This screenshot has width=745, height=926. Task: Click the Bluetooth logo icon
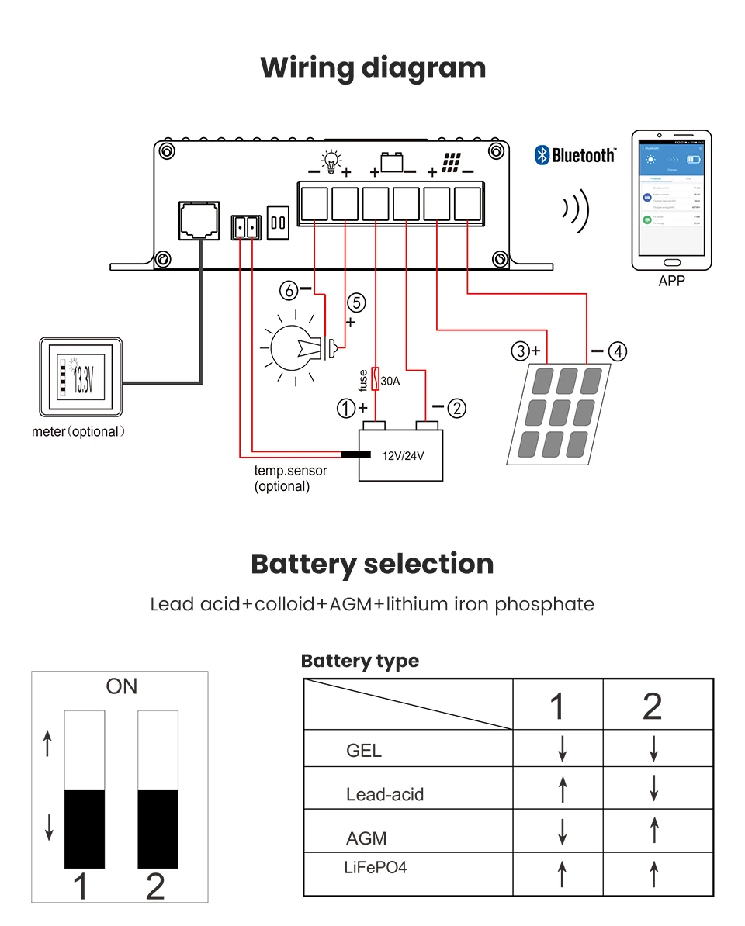click(542, 155)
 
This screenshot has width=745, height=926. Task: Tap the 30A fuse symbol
click(376, 378)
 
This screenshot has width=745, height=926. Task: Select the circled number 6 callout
click(289, 291)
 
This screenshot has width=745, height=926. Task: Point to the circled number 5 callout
click(356, 302)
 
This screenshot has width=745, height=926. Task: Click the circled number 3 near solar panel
click(520, 351)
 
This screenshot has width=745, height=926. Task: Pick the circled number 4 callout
click(618, 351)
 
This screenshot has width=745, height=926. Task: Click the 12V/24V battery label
click(404, 455)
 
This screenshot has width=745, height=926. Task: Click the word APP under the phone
click(671, 281)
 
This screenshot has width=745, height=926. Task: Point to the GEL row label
click(364, 751)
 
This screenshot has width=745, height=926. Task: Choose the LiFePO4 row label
click(375, 866)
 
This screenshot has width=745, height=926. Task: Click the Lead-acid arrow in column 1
click(563, 790)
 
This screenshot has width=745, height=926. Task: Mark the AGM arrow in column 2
click(653, 831)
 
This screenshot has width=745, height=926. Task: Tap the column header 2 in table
click(653, 706)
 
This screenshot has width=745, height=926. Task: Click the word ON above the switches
click(121, 686)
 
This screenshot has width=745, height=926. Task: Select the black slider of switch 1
click(84, 828)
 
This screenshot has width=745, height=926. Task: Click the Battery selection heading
click(372, 564)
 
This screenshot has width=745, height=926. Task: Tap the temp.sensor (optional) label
click(290, 479)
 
